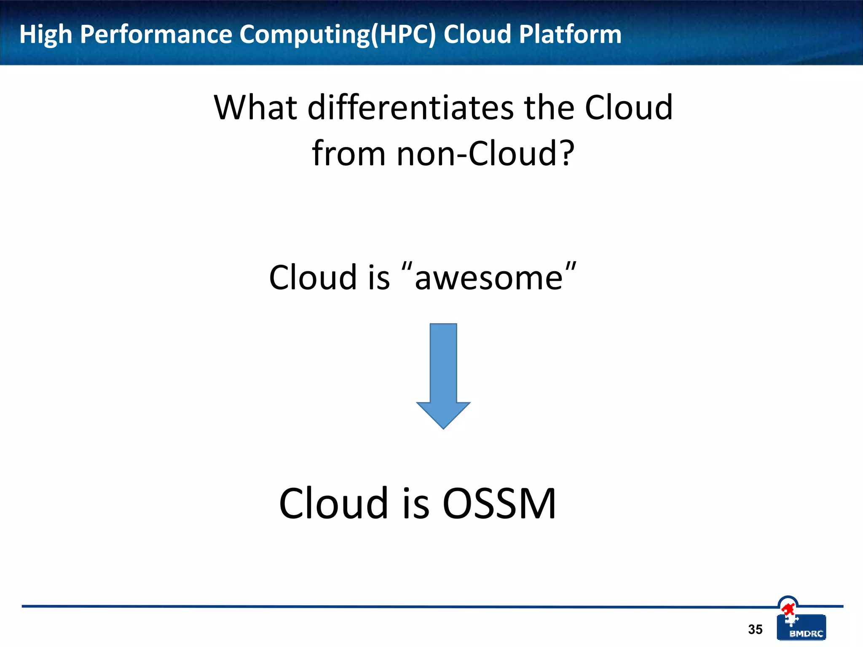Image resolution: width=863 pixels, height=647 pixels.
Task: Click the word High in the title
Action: click(46, 35)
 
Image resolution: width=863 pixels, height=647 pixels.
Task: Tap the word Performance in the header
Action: click(155, 35)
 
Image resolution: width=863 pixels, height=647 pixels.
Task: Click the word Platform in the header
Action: click(570, 35)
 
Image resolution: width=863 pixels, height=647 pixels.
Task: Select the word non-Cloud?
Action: click(485, 153)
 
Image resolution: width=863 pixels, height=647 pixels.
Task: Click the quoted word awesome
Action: click(489, 278)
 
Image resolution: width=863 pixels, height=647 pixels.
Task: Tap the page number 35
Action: click(755, 629)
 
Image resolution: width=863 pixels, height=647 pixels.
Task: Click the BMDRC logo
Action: click(801, 627)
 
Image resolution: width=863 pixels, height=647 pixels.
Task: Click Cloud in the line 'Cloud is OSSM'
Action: click(333, 503)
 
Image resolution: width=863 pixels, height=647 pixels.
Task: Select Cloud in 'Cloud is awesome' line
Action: click(313, 278)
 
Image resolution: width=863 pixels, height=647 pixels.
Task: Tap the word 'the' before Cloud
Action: click(549, 108)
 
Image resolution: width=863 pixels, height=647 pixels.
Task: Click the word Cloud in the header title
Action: click(477, 35)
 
